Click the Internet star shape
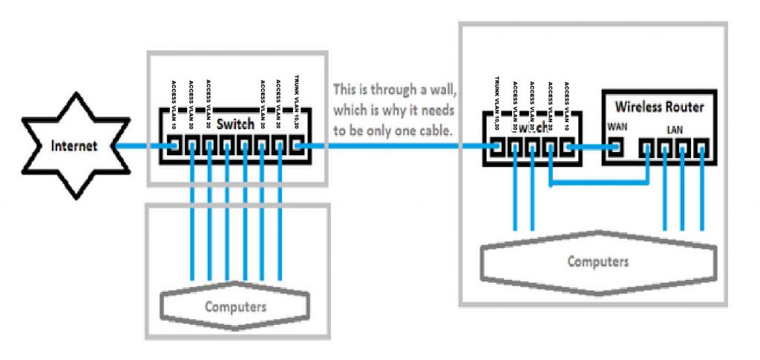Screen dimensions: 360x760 (73, 146)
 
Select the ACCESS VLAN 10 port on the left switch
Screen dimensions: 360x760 (175, 146)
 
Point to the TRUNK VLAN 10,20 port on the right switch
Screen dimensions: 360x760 (497, 148)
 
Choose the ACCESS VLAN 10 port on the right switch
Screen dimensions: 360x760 (568, 148)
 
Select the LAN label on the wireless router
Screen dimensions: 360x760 (675, 130)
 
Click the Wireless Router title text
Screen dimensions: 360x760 (658, 108)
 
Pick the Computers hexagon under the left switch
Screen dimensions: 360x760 (235, 305)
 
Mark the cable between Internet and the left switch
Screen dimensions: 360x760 (141, 146)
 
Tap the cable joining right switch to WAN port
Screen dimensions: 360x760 (592, 148)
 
